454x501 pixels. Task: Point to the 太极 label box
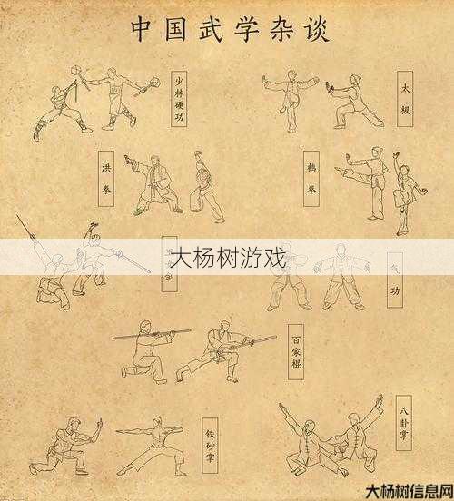pyautogui.click(x=405, y=102)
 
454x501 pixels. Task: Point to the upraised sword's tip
pyautogui.click(x=18, y=217)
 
